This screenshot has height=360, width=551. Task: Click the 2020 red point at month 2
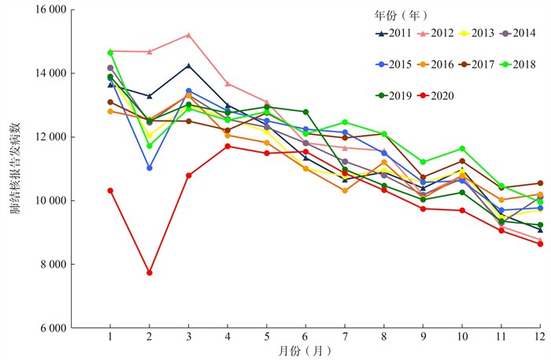click(150, 273)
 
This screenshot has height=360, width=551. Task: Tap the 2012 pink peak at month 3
click(189, 35)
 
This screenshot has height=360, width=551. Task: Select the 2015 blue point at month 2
click(150, 168)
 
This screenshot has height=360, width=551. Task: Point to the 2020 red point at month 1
click(110, 191)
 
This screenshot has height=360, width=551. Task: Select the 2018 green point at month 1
click(110, 52)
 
